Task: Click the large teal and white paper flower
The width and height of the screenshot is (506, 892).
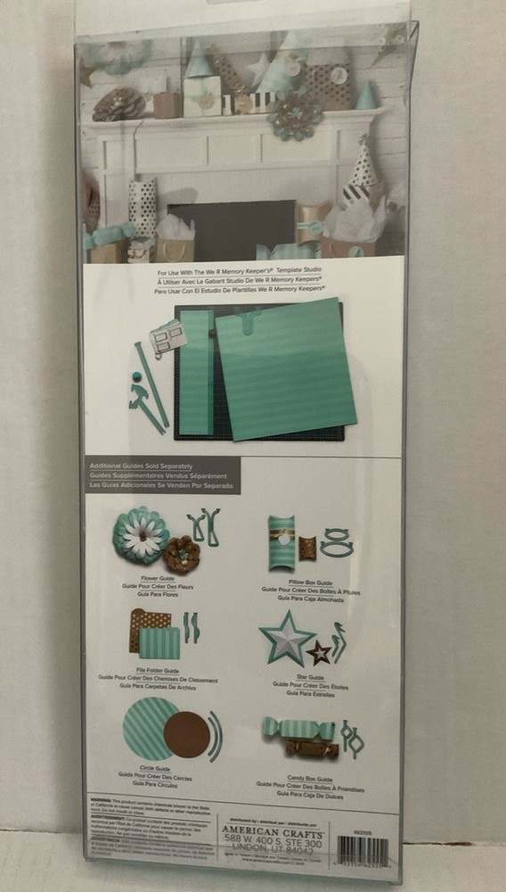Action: (140, 534)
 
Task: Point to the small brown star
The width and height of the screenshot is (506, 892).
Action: (319, 654)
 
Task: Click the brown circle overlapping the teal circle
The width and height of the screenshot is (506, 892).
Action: (188, 733)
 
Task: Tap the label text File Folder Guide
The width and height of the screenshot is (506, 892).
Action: (159, 671)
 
